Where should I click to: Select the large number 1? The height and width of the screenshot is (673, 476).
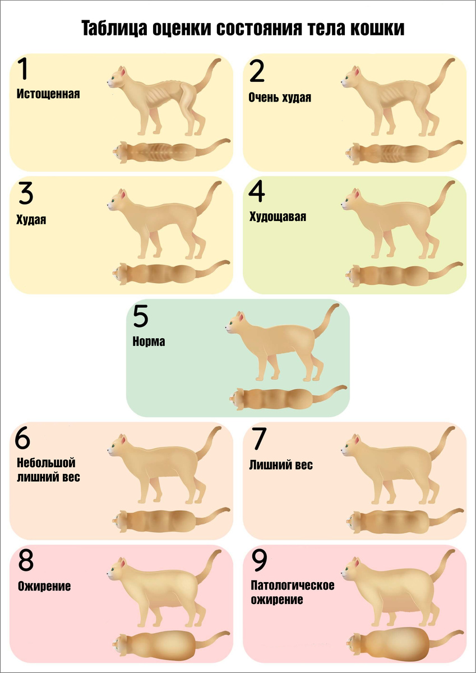point(23,69)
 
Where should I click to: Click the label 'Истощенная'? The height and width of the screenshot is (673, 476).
point(48,94)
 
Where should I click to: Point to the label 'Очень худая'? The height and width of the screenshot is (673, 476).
point(280,98)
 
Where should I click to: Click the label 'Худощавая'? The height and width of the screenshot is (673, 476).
point(278,216)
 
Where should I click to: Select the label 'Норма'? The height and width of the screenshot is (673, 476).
point(149,342)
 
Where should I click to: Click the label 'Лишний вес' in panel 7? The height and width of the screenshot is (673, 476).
point(281,465)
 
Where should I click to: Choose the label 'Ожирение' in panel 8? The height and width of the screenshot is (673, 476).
point(44,586)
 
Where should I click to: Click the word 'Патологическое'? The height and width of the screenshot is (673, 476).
point(293,585)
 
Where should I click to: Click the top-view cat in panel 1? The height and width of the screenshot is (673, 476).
point(171,151)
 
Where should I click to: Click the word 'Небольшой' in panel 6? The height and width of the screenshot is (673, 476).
point(46,463)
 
